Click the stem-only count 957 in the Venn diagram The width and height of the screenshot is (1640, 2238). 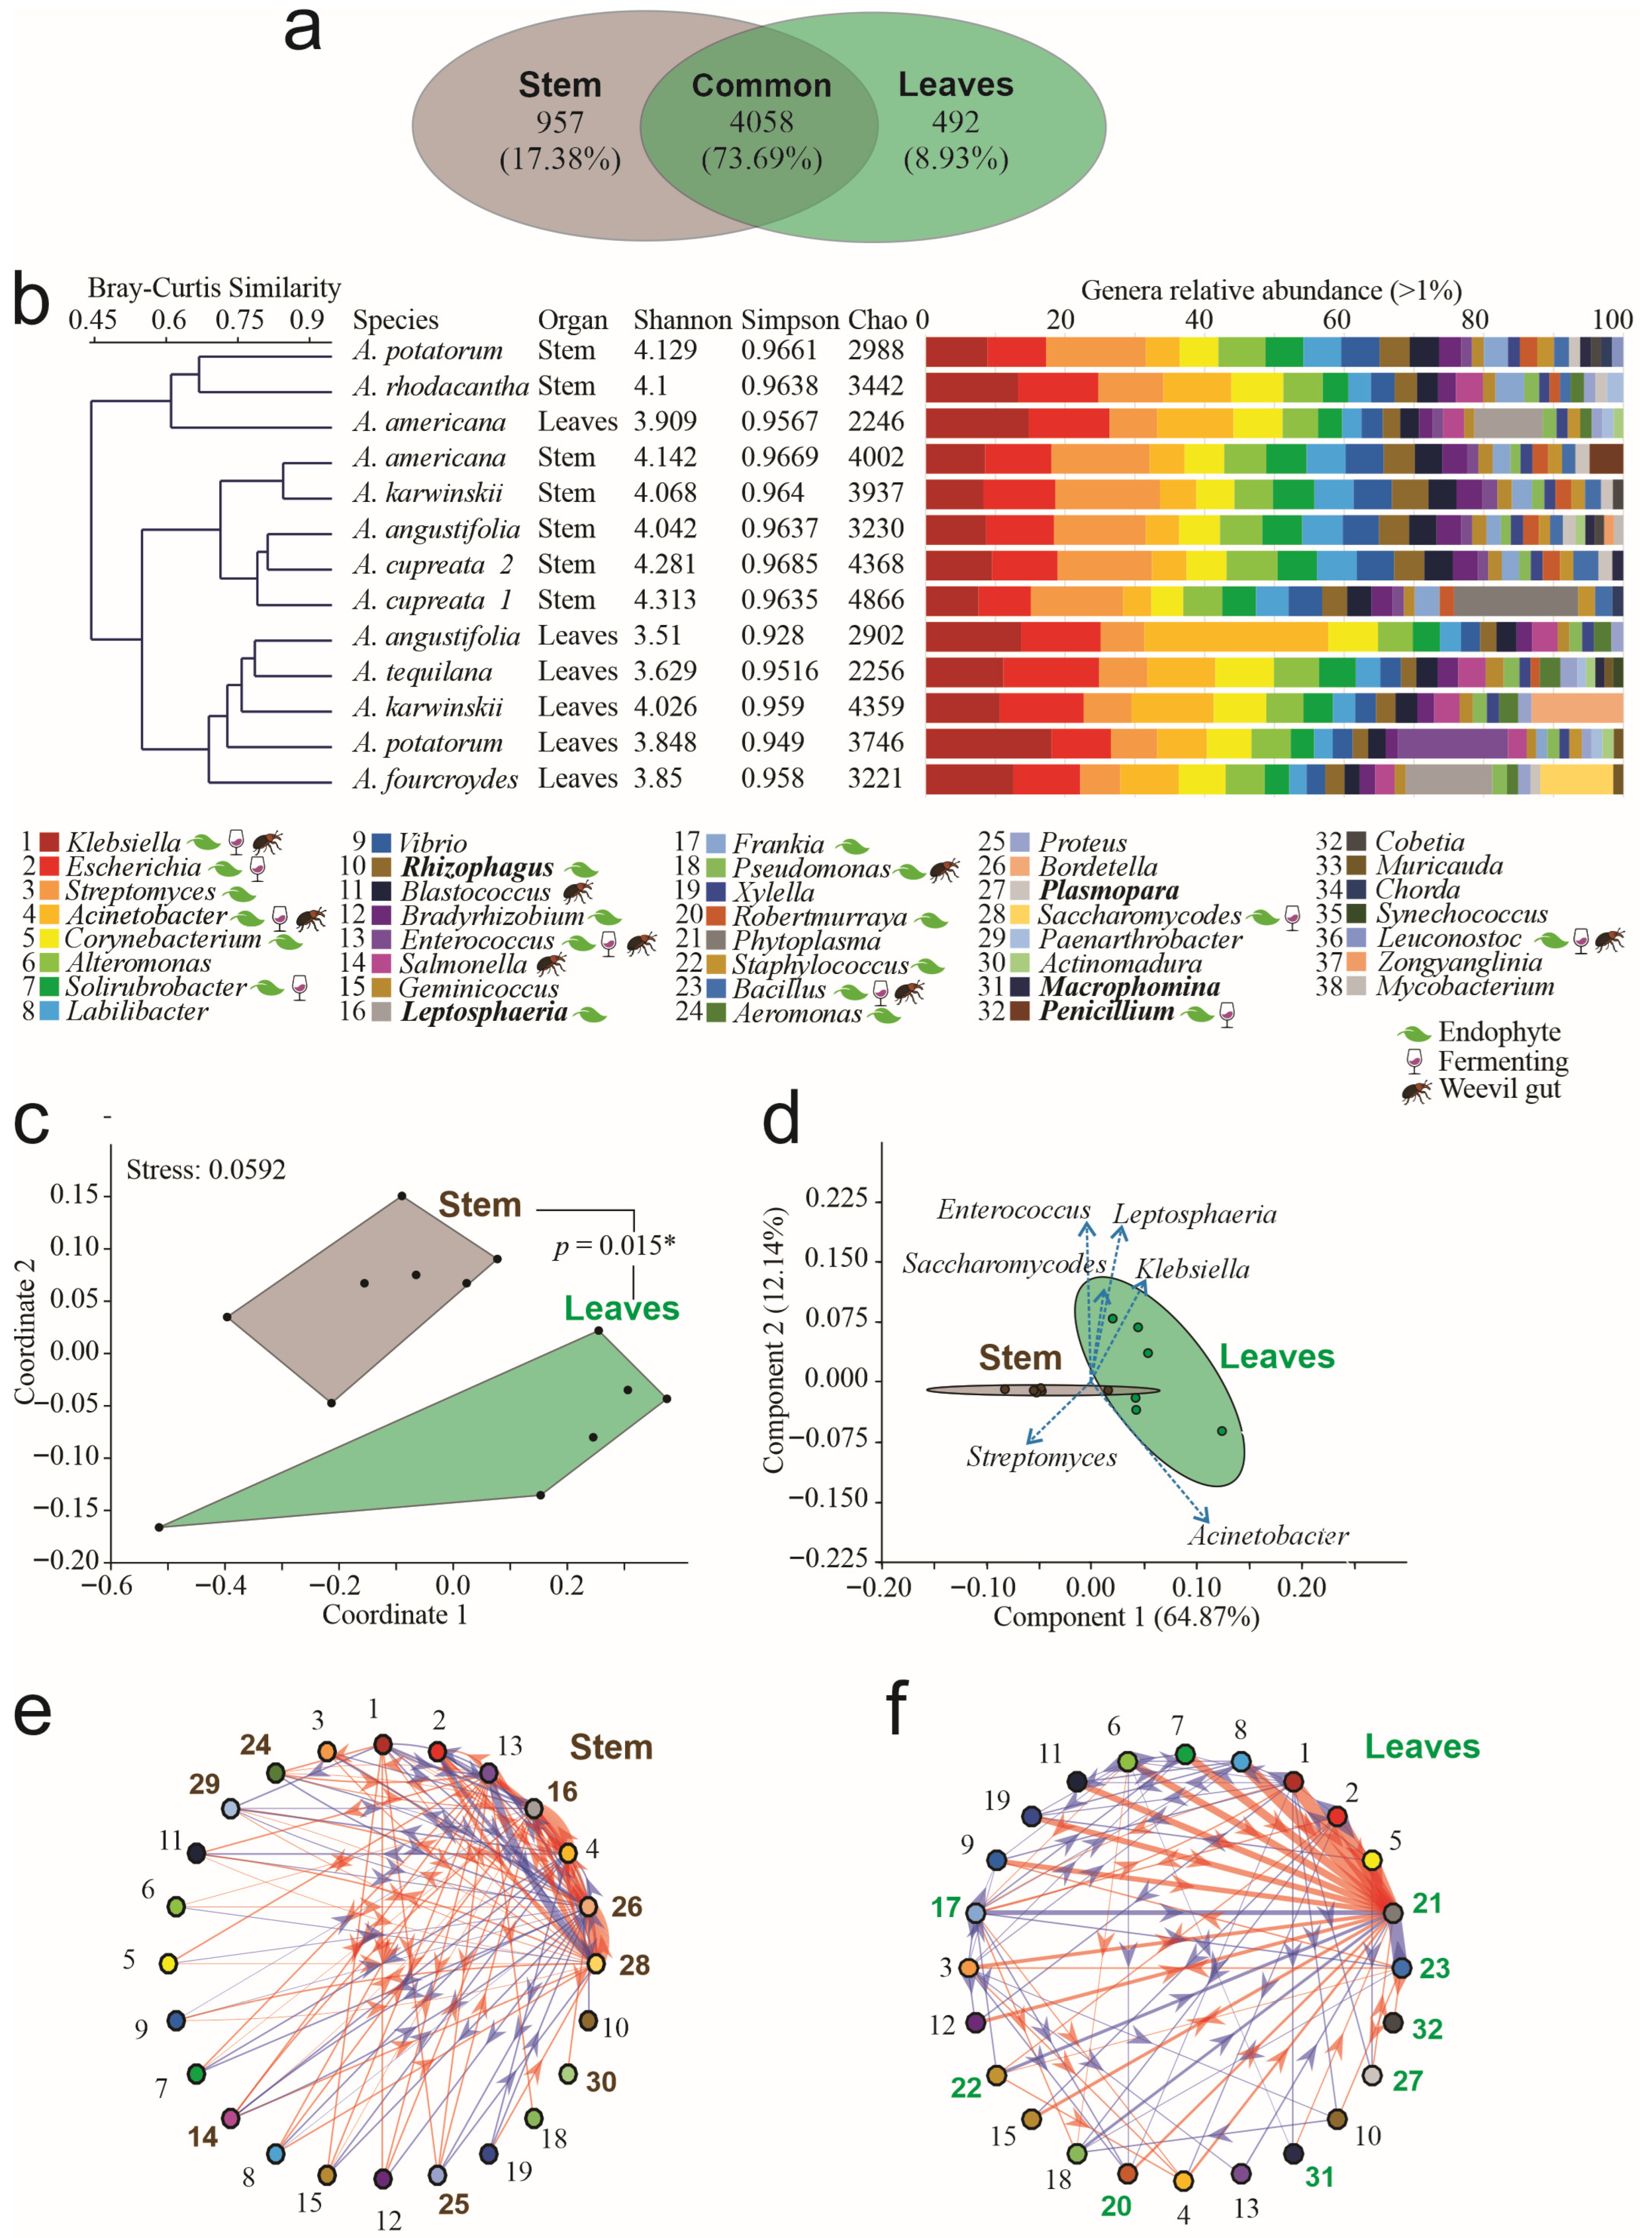(x=560, y=122)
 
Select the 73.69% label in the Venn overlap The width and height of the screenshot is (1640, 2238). (x=761, y=159)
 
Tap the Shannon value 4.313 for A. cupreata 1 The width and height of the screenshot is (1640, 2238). (x=665, y=600)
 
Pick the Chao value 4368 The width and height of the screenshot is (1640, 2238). (x=876, y=564)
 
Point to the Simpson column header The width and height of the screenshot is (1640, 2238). (x=789, y=320)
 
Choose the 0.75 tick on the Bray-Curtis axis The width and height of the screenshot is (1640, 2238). (x=239, y=320)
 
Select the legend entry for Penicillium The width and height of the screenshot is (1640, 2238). (x=1106, y=1012)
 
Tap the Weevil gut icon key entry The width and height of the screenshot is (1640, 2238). (x=1499, y=1089)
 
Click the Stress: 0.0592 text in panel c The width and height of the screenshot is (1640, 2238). (x=206, y=1169)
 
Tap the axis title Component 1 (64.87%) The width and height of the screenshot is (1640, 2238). (x=1126, y=1618)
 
